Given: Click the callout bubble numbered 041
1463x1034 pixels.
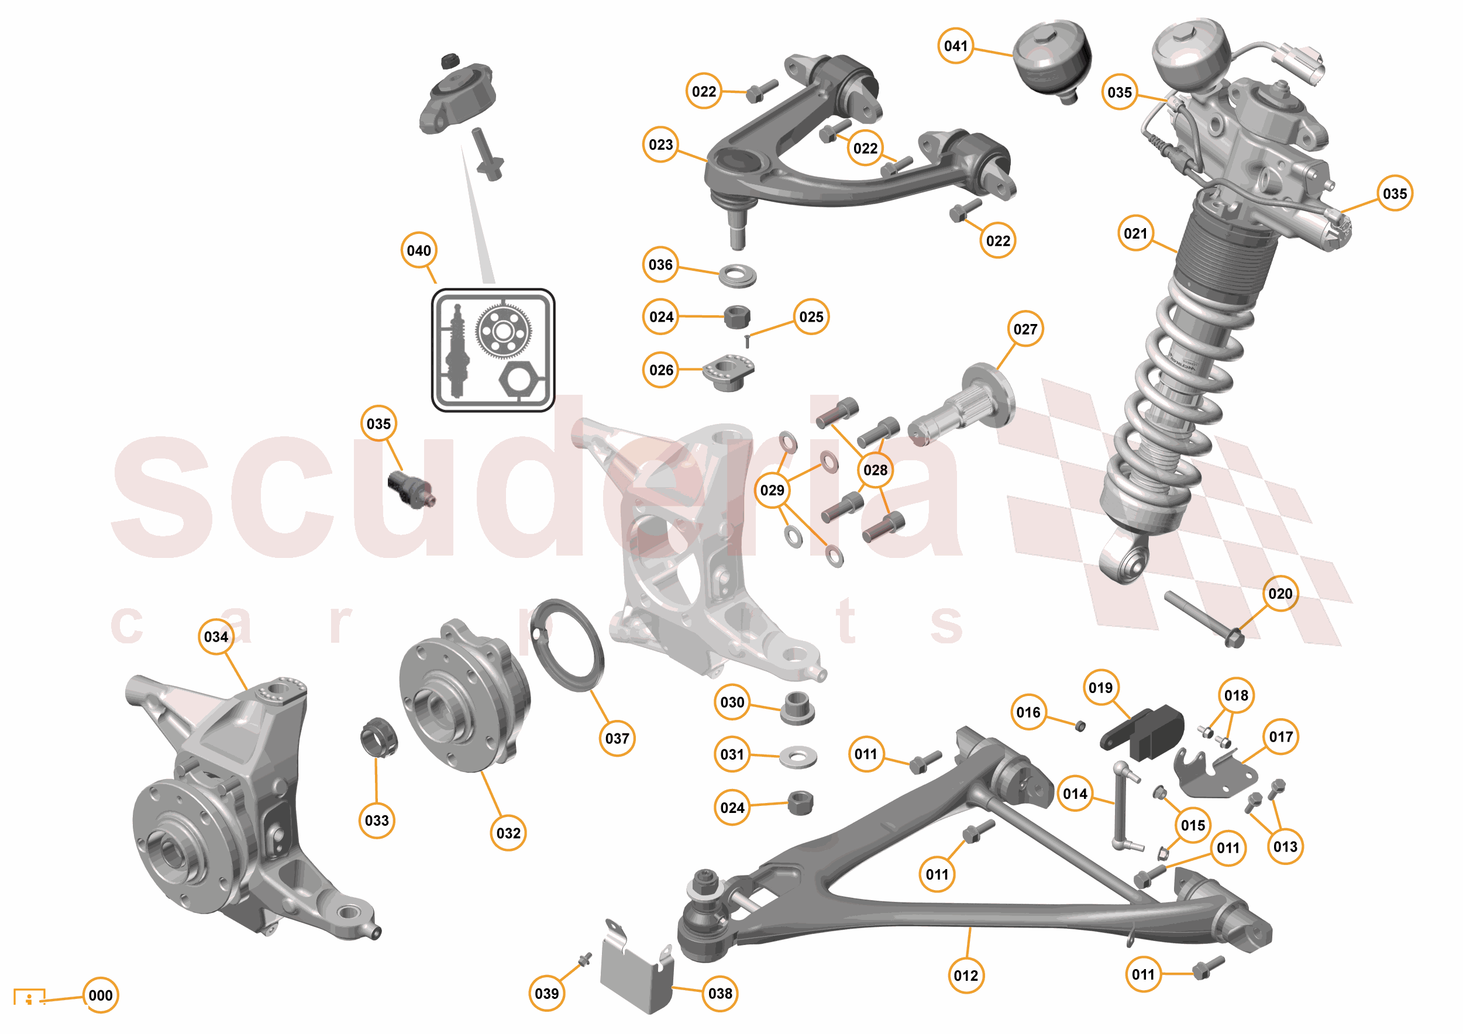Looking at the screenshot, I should pyautogui.click(x=955, y=46).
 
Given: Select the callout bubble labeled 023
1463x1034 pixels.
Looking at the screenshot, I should pyautogui.click(x=661, y=144).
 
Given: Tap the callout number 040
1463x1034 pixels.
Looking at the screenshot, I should pyautogui.click(x=419, y=250).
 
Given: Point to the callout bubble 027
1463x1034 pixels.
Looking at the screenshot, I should pyautogui.click(x=1025, y=329).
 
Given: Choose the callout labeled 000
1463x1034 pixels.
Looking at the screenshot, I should pyautogui.click(x=101, y=995).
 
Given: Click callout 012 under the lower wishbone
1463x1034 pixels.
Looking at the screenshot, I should pyautogui.click(x=966, y=976).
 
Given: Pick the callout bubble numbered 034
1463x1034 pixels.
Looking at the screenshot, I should pyautogui.click(x=216, y=636).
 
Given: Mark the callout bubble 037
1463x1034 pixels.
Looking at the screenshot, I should pyautogui.click(x=617, y=739).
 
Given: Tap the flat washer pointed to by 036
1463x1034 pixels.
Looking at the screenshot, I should pyautogui.click(x=737, y=277).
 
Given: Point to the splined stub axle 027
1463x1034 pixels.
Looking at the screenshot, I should pyautogui.click(x=962, y=406).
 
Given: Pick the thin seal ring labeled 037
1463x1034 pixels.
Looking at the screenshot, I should pyautogui.click(x=566, y=644).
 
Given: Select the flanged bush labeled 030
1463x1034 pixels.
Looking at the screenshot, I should pyautogui.click(x=797, y=708).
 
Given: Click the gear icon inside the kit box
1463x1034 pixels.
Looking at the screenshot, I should pyautogui.click(x=502, y=331).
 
